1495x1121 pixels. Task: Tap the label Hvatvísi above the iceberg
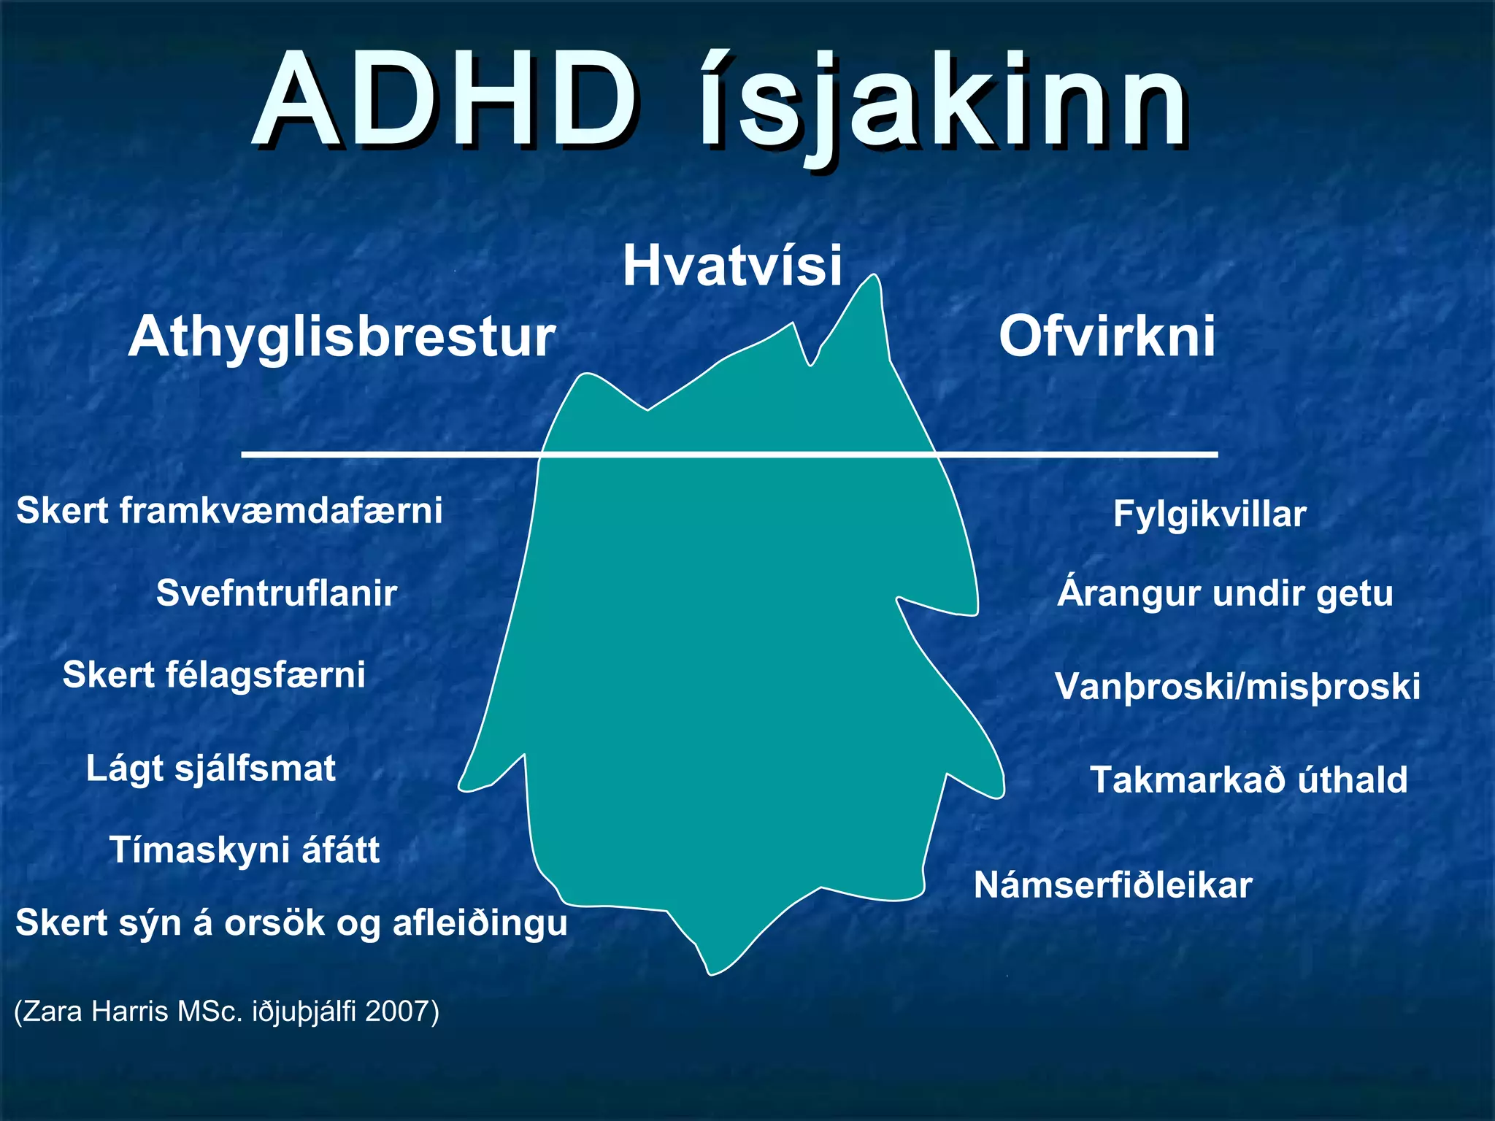click(x=732, y=266)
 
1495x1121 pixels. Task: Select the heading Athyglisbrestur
click(x=342, y=337)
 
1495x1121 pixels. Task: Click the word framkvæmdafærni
click(x=281, y=510)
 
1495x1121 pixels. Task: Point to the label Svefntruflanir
click(x=277, y=593)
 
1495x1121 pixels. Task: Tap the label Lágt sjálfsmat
click(x=211, y=768)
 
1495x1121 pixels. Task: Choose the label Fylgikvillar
click(x=1210, y=514)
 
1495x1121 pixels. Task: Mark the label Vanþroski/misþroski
click(x=1237, y=687)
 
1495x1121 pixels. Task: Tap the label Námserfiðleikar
click(x=1112, y=885)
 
